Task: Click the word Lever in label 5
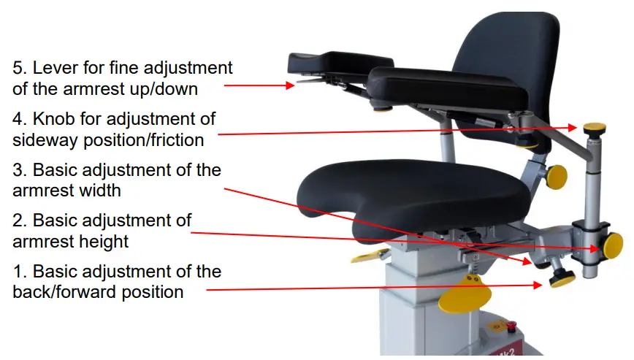[x=61, y=68]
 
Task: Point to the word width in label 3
[x=98, y=191]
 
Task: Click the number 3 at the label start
[x=19, y=170]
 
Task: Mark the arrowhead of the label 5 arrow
[x=290, y=85]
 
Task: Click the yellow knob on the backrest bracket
[x=557, y=176]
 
